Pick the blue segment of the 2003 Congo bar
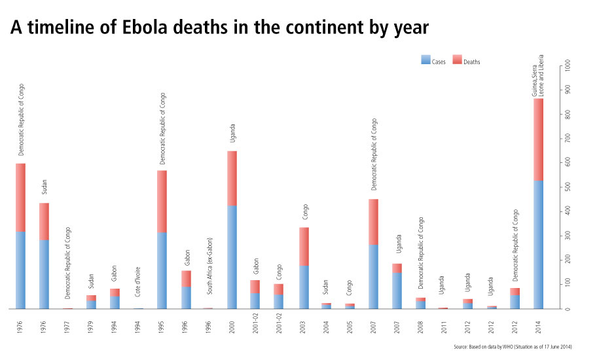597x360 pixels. (304, 287)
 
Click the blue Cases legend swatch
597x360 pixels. (425, 61)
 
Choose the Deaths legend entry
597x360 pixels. (471, 62)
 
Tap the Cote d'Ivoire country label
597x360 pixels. (138, 285)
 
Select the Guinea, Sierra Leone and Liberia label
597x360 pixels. (538, 76)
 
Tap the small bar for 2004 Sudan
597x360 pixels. (326, 306)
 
